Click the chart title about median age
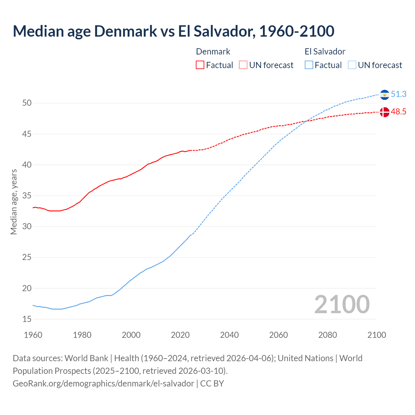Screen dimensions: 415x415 173,31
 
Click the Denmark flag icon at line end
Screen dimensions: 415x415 385,112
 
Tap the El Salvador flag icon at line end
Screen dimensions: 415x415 385,95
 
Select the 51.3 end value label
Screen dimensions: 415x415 398,94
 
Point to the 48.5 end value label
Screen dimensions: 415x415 398,112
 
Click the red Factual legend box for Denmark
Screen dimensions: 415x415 200,65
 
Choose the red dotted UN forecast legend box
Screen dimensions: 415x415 243,65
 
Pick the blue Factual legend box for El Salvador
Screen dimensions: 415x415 309,65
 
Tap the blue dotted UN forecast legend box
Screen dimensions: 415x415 352,65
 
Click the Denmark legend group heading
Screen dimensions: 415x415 213,52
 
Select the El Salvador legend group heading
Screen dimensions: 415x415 325,52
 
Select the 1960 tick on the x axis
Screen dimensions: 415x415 33,335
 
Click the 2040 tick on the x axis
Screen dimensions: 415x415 229,335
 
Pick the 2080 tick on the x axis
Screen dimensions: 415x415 327,335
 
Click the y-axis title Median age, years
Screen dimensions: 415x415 14,202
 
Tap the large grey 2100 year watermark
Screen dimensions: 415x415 342,304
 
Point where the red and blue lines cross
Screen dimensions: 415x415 306,121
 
